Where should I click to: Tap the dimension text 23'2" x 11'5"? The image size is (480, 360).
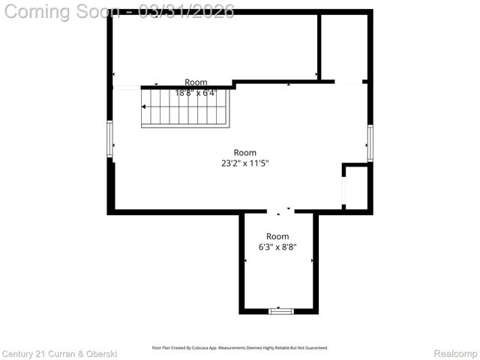[239, 163]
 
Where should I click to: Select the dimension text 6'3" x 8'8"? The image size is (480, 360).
[277, 247]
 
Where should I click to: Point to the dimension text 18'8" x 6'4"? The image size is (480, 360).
[196, 93]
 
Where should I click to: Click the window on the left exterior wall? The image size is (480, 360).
[109, 139]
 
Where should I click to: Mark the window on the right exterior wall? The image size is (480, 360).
[370, 143]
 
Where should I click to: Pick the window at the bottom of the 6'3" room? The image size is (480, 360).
[280, 310]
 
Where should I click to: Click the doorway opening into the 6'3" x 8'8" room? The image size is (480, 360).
[280, 212]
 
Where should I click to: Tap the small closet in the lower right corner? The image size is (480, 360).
[356, 187]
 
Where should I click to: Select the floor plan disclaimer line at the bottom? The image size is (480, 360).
[240, 348]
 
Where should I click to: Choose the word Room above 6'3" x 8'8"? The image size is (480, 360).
[277, 236]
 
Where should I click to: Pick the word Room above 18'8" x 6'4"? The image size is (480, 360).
[196, 82]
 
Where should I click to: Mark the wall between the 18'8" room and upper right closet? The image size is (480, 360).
[319, 45]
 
